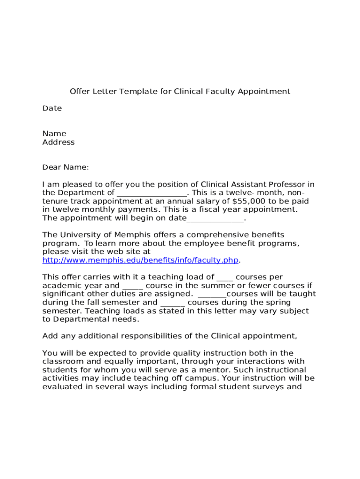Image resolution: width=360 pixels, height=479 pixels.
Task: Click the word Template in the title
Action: (139, 91)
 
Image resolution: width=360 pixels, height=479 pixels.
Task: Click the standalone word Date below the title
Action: (52, 108)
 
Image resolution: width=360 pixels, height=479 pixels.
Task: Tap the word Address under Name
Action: (58, 142)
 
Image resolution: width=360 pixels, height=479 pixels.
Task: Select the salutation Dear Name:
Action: (65, 167)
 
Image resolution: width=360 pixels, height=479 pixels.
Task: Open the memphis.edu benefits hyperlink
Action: (140, 260)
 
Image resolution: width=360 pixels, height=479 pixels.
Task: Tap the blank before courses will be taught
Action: (212, 294)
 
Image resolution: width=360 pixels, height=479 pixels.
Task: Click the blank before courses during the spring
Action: (173, 303)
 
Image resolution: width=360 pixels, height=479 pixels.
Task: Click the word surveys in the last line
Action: (273, 387)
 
